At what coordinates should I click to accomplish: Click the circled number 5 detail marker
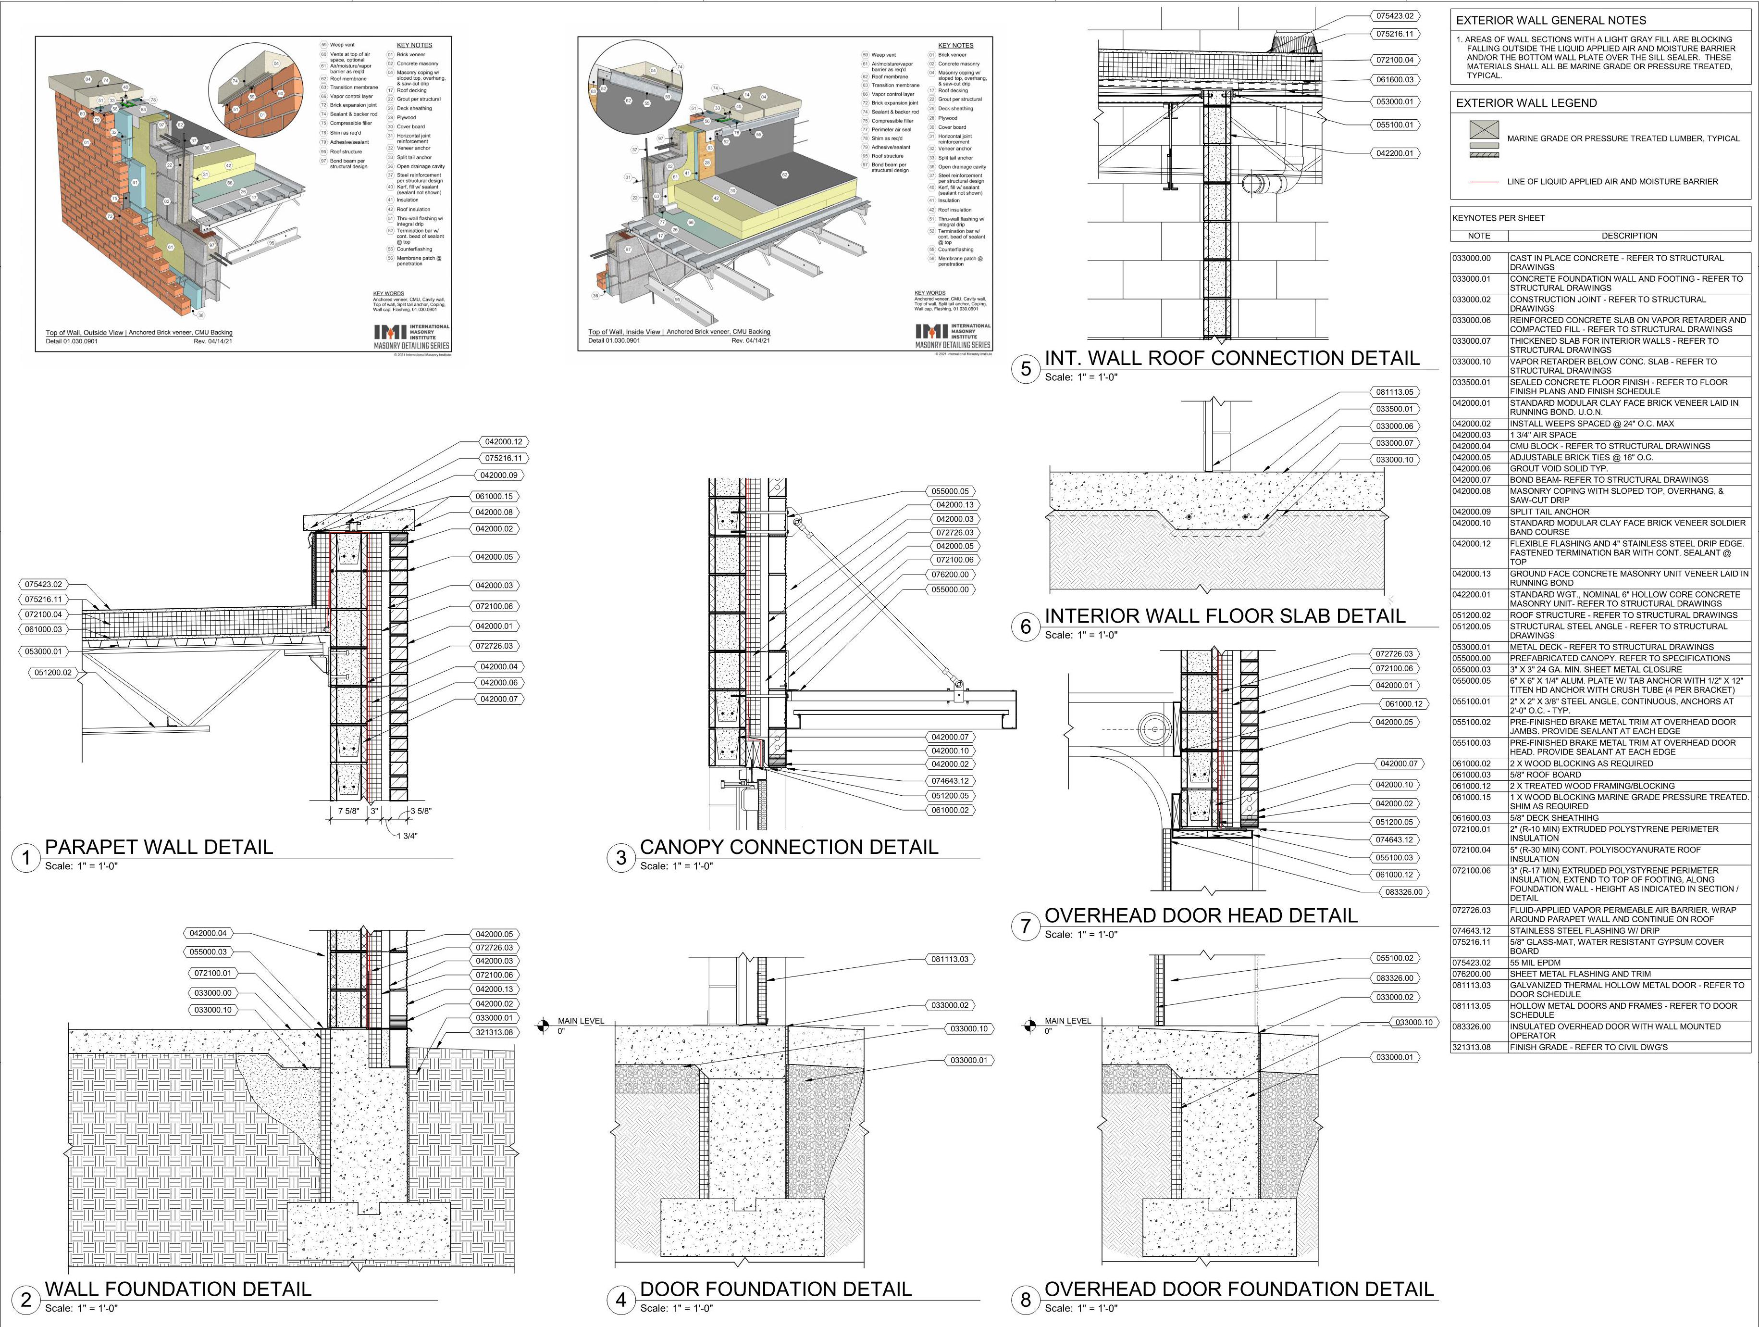point(1025,369)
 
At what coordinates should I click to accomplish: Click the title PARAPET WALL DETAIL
point(159,847)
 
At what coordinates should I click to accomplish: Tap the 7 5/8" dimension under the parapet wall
point(349,812)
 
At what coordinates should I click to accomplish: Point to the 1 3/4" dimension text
point(407,835)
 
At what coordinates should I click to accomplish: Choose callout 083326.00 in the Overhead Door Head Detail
point(1403,892)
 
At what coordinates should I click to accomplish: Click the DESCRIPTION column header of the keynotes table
point(1629,236)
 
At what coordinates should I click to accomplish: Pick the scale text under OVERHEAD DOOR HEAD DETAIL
point(1081,935)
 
